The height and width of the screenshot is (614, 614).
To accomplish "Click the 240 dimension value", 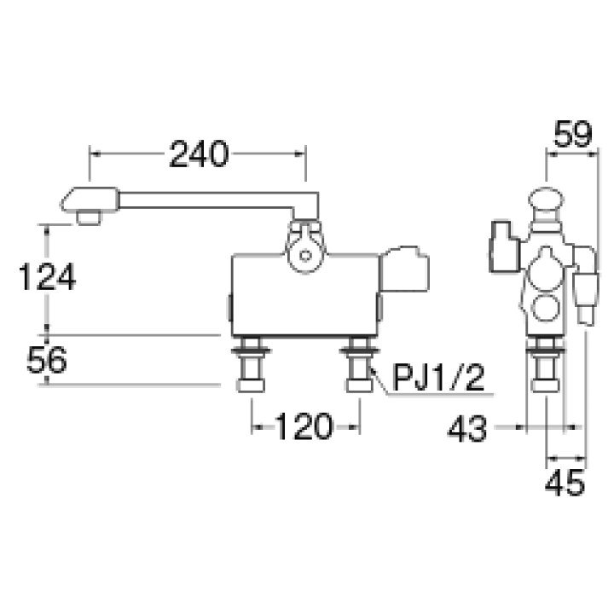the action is (199, 153).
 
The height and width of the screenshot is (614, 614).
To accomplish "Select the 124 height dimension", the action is (47, 277).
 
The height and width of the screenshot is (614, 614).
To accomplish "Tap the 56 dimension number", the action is (47, 360).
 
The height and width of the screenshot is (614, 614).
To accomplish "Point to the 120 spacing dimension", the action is (304, 426).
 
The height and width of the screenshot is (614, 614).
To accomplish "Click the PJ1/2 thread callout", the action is (439, 378).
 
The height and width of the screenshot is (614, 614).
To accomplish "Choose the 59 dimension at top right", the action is (573, 134).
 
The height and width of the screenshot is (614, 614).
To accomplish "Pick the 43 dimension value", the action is (467, 429).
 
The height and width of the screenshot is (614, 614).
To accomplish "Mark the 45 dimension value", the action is (565, 483).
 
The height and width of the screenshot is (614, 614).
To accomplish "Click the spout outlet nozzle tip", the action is (89, 217).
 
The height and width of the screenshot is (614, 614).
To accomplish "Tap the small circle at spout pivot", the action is (305, 257).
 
